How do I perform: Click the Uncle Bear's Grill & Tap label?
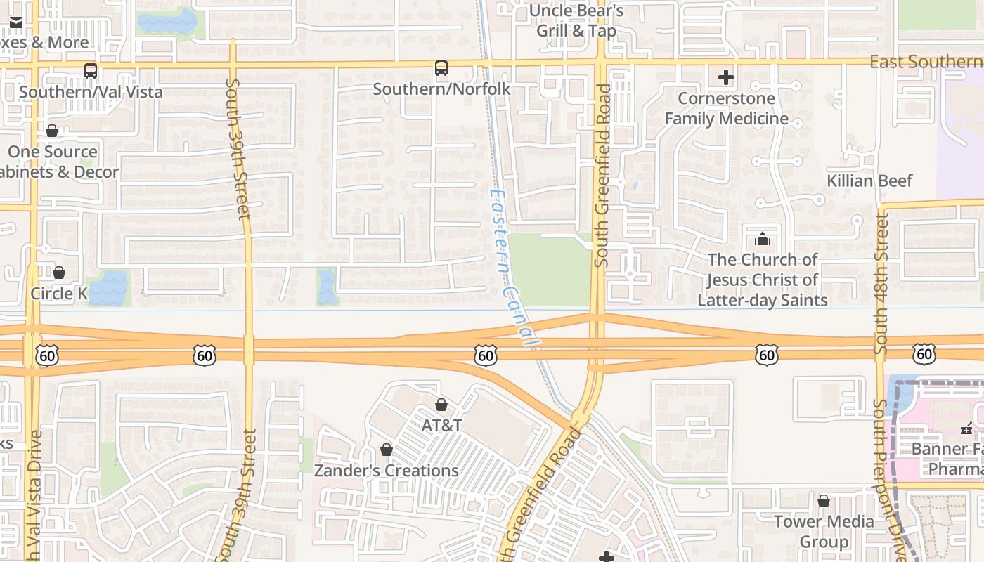tap(576, 21)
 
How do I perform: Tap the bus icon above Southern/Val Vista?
tap(91, 71)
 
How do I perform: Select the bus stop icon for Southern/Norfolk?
tap(441, 68)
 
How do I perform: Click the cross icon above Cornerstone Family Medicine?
tap(726, 77)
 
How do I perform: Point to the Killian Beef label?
tap(869, 181)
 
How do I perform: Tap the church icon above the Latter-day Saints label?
tap(763, 239)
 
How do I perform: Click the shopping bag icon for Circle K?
tap(59, 273)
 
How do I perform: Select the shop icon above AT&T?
tap(441, 405)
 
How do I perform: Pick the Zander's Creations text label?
tap(386, 471)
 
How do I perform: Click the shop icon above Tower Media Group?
tap(824, 501)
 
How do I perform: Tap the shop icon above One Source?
tap(52, 131)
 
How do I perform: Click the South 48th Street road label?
tap(881, 281)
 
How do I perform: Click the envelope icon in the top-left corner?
tap(15, 22)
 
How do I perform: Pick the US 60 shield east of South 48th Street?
tap(924, 354)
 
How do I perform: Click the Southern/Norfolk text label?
tap(441, 89)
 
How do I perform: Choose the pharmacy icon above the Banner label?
tap(966, 429)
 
